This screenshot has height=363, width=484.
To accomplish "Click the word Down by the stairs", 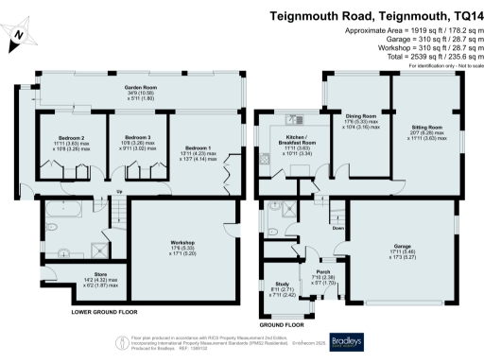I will pyautogui.click(x=337, y=228).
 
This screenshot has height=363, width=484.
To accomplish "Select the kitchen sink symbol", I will pyautogui.click(x=296, y=120).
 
